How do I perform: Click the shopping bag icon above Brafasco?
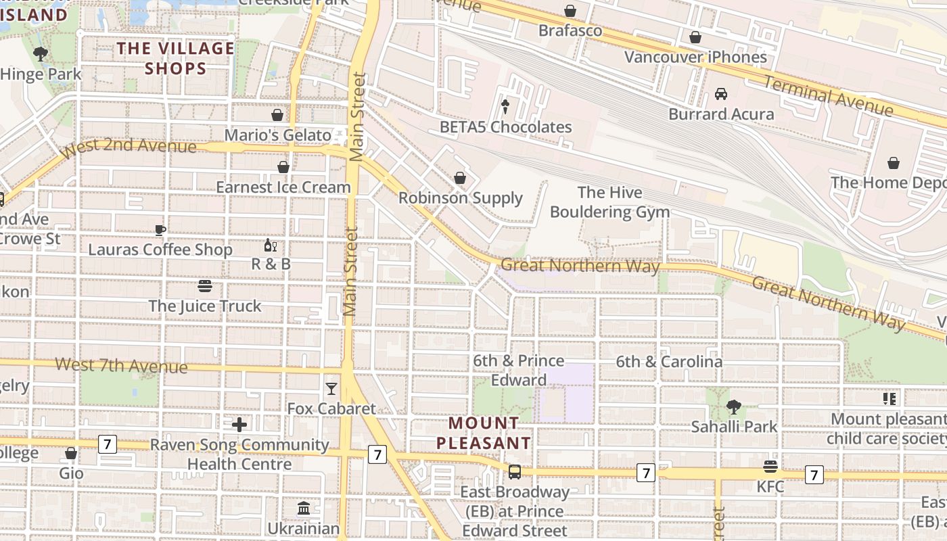(x=570, y=11)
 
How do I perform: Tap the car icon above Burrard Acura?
(x=721, y=94)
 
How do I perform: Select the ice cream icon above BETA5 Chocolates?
(x=505, y=105)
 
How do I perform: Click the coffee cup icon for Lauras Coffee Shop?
(x=160, y=230)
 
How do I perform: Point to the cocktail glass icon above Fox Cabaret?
(x=331, y=388)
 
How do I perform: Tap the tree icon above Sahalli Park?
(x=734, y=406)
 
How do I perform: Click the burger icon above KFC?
(x=770, y=467)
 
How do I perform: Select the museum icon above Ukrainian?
(x=304, y=508)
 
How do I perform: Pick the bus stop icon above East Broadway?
(x=515, y=471)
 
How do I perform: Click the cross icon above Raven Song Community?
(x=239, y=425)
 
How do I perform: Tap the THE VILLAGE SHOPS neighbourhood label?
(x=175, y=58)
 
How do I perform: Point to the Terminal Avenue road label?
(x=829, y=95)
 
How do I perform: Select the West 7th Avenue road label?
(x=121, y=365)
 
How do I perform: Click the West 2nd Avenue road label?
(x=128, y=146)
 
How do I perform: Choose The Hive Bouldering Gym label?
(x=609, y=202)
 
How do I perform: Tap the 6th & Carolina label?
(x=668, y=362)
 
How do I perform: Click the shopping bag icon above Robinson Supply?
(x=460, y=178)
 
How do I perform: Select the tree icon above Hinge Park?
(x=41, y=54)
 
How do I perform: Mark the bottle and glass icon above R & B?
(x=271, y=245)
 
